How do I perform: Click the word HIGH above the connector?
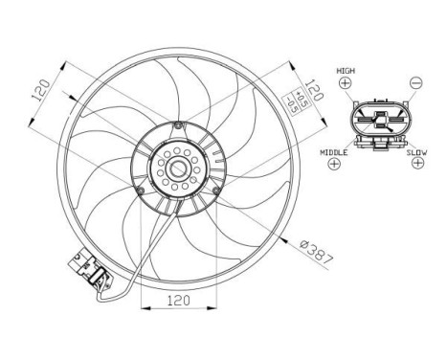(345, 72)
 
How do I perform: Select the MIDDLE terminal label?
(335, 151)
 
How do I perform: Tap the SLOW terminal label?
(415, 151)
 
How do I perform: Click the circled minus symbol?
(414, 85)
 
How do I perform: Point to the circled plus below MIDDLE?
(335, 165)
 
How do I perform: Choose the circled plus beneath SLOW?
(415, 165)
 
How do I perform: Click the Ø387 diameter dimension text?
(315, 251)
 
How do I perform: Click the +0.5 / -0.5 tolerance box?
(299, 100)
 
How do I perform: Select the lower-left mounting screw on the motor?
(140, 193)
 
